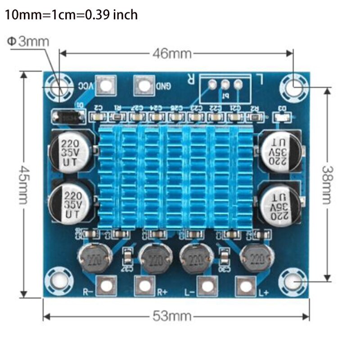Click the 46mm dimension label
[171, 54]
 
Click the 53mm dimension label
[171, 316]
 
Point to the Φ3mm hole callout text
[28, 42]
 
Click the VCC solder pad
[106, 85]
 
